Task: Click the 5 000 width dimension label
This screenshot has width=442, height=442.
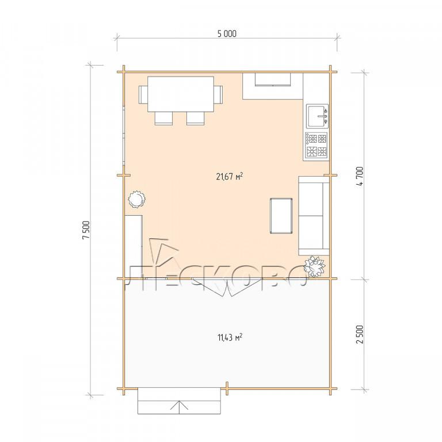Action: tap(227, 33)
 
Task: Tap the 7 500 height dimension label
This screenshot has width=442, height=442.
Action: tap(86, 230)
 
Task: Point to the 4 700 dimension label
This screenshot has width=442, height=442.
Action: tap(360, 176)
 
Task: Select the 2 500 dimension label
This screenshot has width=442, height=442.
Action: tap(360, 334)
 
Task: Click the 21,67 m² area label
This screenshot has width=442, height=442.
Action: tap(230, 177)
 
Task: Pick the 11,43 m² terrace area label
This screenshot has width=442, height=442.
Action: tap(230, 337)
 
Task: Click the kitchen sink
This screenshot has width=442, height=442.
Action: tap(318, 116)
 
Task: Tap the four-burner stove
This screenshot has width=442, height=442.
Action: tap(316, 145)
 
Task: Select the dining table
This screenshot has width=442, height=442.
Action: tap(181, 94)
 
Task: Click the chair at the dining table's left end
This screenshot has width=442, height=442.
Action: tap(143, 95)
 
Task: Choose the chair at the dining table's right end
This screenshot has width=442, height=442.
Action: tap(218, 95)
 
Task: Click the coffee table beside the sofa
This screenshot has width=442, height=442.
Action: tap(281, 216)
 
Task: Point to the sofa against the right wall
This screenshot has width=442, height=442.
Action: tap(314, 216)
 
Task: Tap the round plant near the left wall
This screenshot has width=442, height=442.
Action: tap(136, 199)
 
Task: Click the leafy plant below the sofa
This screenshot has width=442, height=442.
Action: tap(315, 266)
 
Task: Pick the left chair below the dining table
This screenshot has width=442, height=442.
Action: tap(163, 118)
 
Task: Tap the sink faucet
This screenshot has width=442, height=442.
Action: tap(323, 116)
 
